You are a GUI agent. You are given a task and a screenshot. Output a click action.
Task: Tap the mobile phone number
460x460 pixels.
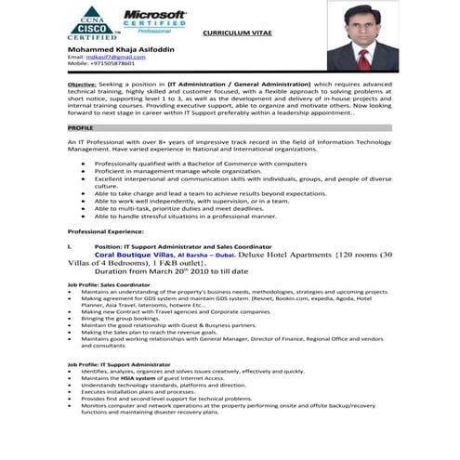(x=101, y=63)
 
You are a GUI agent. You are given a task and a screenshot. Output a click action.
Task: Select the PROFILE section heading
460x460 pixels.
(x=80, y=127)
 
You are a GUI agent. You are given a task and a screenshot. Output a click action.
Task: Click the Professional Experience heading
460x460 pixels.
(x=110, y=229)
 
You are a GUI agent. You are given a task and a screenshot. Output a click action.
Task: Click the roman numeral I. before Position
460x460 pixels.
(x=70, y=245)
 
